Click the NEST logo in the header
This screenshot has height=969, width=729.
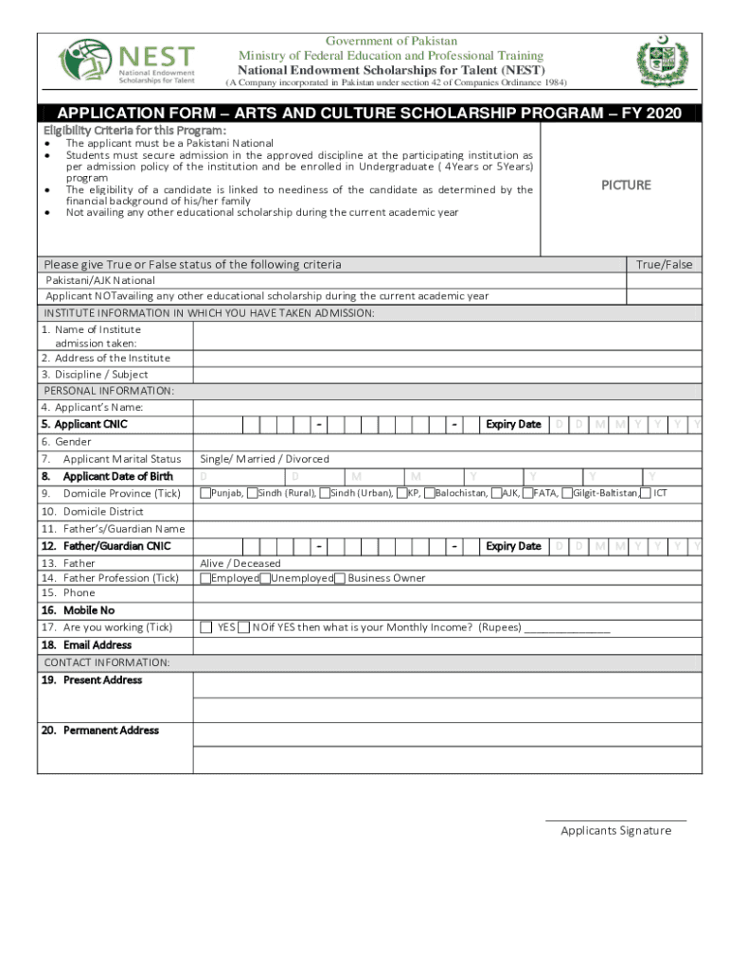(128, 62)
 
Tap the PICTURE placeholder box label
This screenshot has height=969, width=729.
(626, 185)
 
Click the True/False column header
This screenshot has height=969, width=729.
(664, 265)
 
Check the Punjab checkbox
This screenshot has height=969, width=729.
(204, 493)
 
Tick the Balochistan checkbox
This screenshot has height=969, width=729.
(429, 493)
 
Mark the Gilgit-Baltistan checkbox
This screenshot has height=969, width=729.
(566, 493)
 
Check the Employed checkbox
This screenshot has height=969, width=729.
(204, 578)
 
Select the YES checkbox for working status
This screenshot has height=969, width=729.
(205, 627)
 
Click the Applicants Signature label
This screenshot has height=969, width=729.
(615, 831)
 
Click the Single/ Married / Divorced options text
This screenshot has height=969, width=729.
(264, 459)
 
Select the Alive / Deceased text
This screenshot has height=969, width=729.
(240, 563)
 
